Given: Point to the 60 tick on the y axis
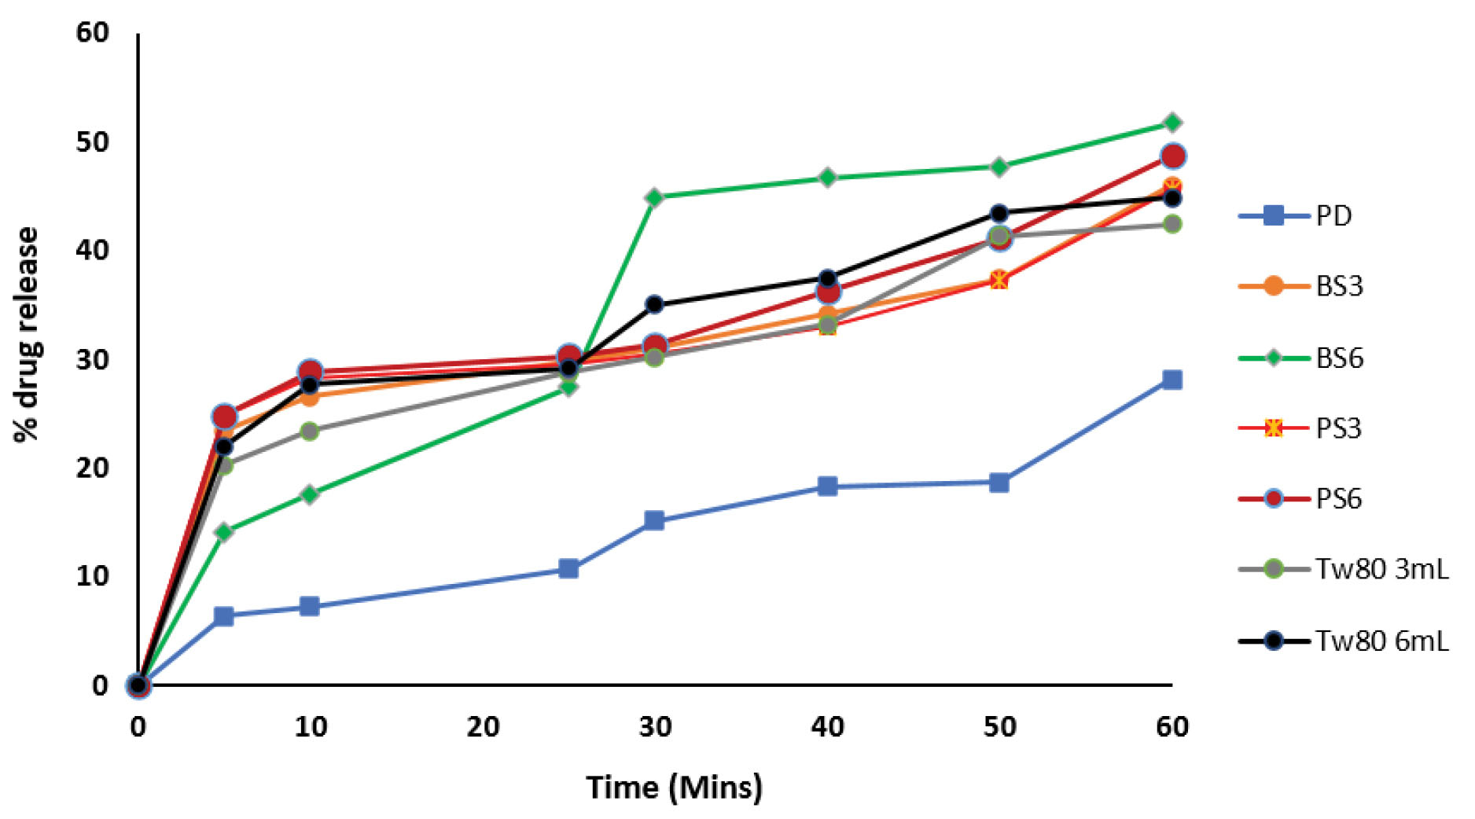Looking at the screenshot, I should (x=93, y=33).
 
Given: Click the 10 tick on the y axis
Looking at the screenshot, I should (x=93, y=576).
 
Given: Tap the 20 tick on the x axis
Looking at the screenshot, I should (x=483, y=726).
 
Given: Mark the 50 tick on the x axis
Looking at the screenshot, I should (x=999, y=726).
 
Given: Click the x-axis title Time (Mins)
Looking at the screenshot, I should (x=674, y=787).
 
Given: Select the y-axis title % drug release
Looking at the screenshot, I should (x=27, y=334).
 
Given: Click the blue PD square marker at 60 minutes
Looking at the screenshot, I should (x=1172, y=380).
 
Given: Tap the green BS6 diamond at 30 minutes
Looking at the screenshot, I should (x=654, y=196).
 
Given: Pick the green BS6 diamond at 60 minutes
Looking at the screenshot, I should (x=1172, y=123).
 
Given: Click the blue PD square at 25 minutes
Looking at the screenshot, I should (x=568, y=569).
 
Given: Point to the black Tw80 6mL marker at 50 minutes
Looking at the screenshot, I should (x=999, y=213).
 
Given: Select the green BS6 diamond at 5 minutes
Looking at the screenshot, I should (x=224, y=532).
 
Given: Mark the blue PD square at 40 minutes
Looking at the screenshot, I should (x=827, y=486).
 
